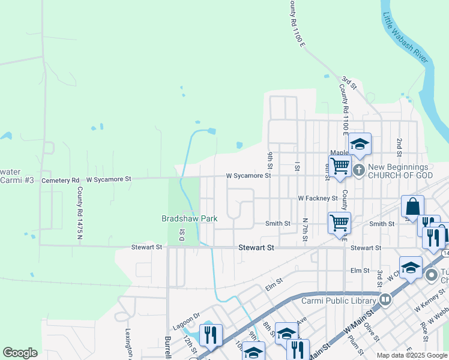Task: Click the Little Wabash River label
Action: [x=405, y=34]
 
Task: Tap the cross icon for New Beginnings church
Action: [x=359, y=170]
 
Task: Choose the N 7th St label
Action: [x=305, y=230]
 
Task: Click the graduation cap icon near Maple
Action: [x=360, y=145]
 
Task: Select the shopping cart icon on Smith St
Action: [x=339, y=223]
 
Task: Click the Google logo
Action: [x=20, y=353]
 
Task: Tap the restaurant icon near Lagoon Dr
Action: [x=211, y=335]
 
